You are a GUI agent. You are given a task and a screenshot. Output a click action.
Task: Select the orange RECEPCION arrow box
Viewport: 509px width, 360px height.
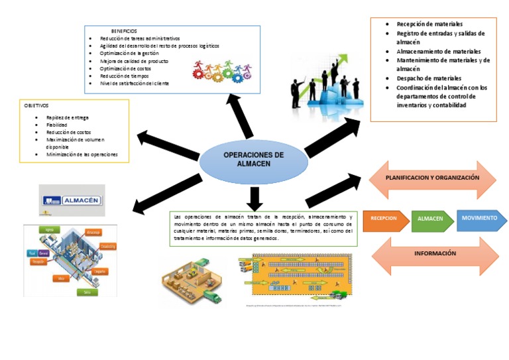point(384,219)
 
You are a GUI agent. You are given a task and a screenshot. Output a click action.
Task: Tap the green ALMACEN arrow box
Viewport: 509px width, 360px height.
point(431,219)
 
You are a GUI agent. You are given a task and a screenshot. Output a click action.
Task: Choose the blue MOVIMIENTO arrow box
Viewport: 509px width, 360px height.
point(480,218)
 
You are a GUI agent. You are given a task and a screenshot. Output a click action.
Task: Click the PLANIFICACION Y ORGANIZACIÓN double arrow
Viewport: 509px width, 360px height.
point(431,178)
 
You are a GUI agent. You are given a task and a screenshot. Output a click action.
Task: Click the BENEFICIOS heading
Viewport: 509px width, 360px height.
point(124,31)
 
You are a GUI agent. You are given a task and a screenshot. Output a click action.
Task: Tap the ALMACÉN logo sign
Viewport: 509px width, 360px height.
point(71,200)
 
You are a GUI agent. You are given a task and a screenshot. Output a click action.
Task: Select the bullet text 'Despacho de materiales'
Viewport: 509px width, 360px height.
point(428,78)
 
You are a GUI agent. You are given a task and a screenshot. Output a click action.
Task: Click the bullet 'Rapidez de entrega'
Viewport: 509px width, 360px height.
point(68,117)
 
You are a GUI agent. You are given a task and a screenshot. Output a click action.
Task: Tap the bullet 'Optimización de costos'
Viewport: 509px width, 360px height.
point(125,68)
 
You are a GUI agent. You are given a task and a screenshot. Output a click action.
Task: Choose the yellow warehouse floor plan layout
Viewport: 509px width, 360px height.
point(295,278)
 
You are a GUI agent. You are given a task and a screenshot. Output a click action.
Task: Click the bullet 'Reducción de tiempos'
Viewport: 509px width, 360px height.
point(125,76)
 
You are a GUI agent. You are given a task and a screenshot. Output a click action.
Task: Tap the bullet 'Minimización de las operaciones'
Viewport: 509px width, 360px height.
point(82,154)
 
